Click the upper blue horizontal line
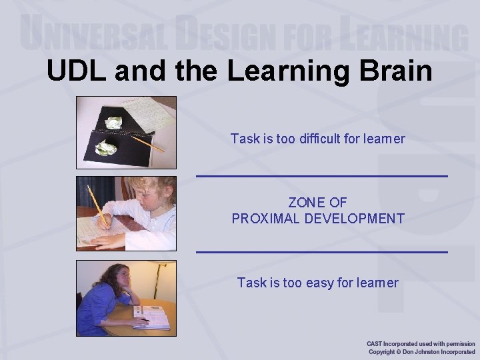pyautogui.click(x=321, y=176)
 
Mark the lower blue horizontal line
pyautogui.click(x=321, y=252)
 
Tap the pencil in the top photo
pyautogui.click(x=147, y=143)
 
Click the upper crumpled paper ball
pyautogui.click(x=114, y=123)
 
